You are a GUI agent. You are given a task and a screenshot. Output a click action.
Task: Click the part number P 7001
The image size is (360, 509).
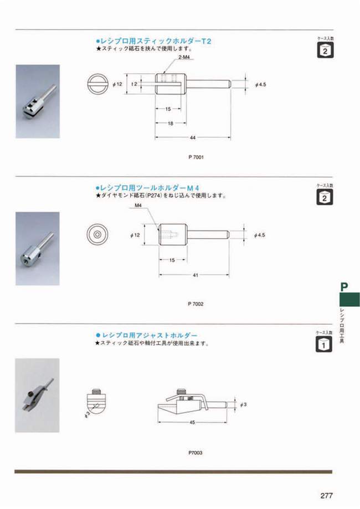[x=197, y=157]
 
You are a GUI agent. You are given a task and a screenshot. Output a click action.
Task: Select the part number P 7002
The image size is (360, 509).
[x=197, y=304]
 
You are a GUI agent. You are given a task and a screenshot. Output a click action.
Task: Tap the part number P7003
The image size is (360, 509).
[x=195, y=452]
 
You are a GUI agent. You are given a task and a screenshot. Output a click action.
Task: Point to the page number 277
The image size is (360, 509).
[x=326, y=496]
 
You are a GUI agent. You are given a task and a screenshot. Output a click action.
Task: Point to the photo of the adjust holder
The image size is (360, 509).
[x=37, y=388]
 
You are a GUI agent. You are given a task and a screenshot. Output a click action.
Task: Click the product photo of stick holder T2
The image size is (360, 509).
[x=37, y=101]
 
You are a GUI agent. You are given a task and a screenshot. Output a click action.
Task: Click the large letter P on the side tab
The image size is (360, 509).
[x=344, y=287]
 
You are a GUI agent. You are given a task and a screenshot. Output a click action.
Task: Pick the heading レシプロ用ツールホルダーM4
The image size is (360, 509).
[x=147, y=188]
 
